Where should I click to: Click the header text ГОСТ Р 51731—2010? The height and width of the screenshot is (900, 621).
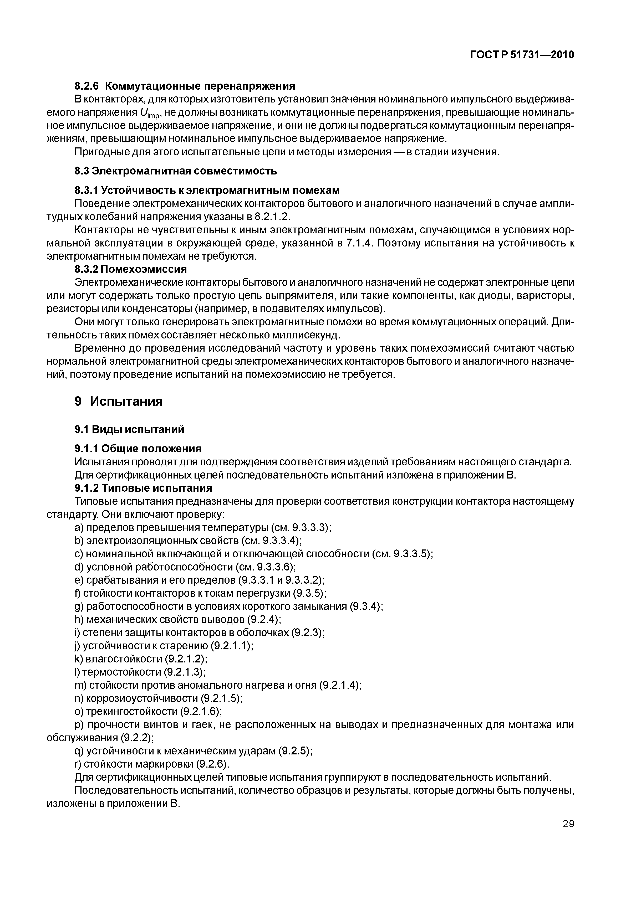[x=522, y=55]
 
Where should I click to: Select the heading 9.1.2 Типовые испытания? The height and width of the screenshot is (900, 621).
[x=143, y=488]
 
